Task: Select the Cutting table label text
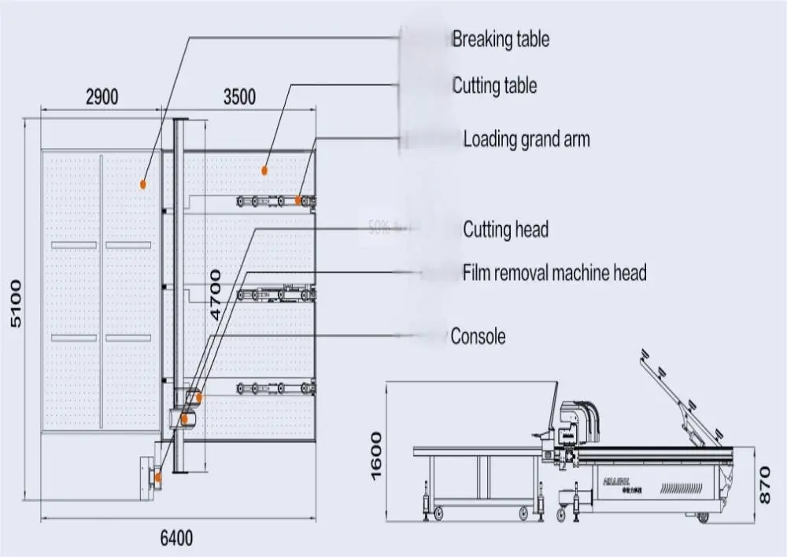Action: coord(494,86)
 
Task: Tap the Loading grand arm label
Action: coord(526,140)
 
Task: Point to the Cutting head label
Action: coord(505,230)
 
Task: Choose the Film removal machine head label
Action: coord(554,273)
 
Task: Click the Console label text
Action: coord(478,336)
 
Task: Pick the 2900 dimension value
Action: coord(102,97)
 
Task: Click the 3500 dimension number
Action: coord(238,97)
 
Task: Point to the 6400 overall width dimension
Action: coord(176,539)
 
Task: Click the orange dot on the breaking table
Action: coord(142,184)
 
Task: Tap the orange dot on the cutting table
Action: coord(265,169)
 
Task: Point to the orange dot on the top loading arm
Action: coord(299,202)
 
